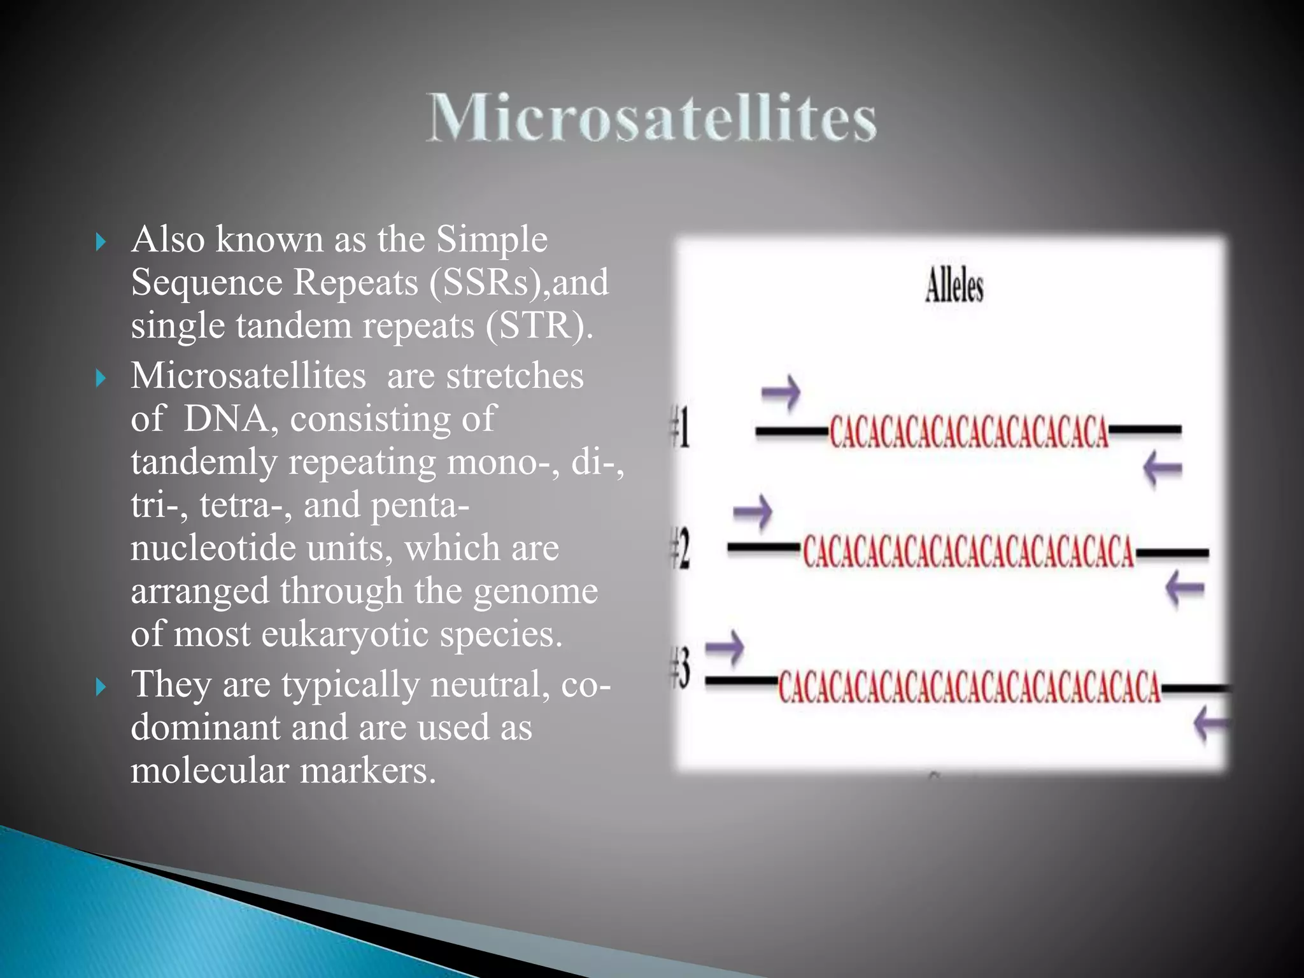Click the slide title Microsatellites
651,117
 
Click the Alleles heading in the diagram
953,286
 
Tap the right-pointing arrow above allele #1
781,392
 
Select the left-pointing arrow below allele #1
1163,469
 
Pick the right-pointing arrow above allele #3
725,648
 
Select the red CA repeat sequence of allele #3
969,687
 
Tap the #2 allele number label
680,549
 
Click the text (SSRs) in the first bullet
488,282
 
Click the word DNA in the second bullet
227,418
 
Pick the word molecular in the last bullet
209,770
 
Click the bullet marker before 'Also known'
100,242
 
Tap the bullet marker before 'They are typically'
100,687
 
